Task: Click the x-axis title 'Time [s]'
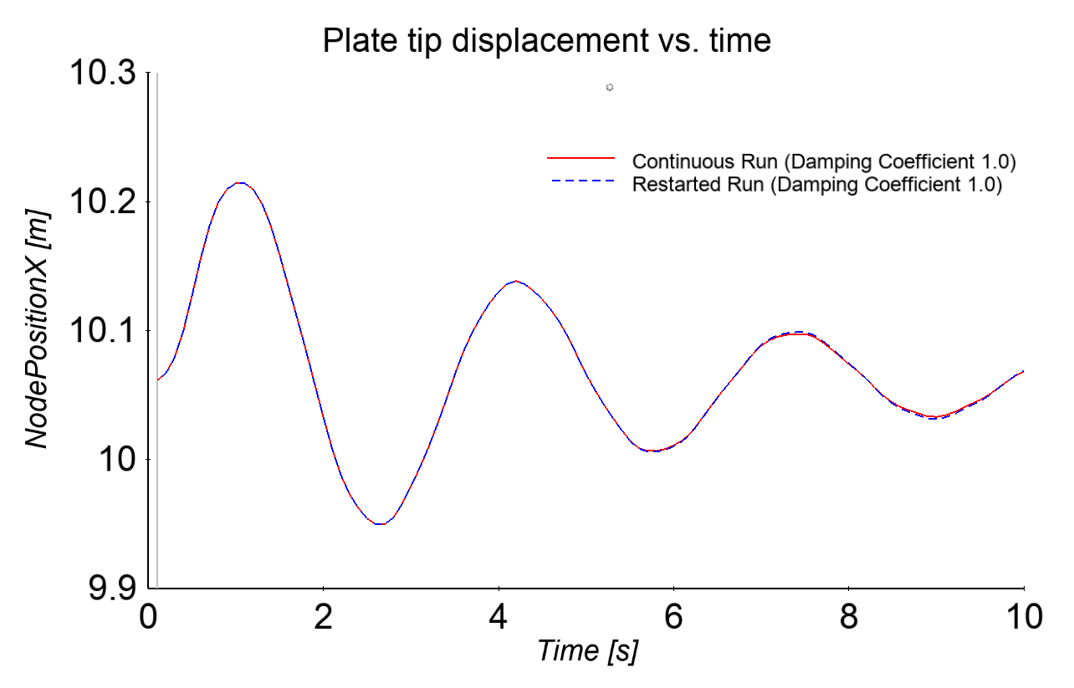[x=587, y=650]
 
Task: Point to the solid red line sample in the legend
[x=581, y=158]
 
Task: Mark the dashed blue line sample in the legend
[x=581, y=181]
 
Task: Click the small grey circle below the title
[x=610, y=87]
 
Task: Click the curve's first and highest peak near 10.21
[x=240, y=182]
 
